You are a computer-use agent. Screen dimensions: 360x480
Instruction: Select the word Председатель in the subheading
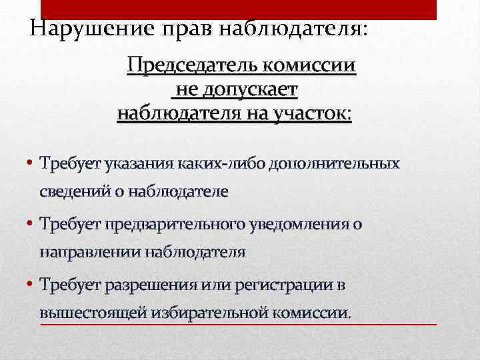(193, 66)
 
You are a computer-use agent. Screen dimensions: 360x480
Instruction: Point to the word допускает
(247, 89)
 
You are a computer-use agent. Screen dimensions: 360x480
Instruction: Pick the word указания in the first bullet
(129, 163)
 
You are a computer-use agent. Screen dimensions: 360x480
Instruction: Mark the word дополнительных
(335, 163)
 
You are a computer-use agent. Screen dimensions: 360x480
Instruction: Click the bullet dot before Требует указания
(31, 163)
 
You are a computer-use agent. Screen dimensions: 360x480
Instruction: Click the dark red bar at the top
(239, 9)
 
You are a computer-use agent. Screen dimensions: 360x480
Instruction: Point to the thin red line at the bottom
(239, 325)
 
